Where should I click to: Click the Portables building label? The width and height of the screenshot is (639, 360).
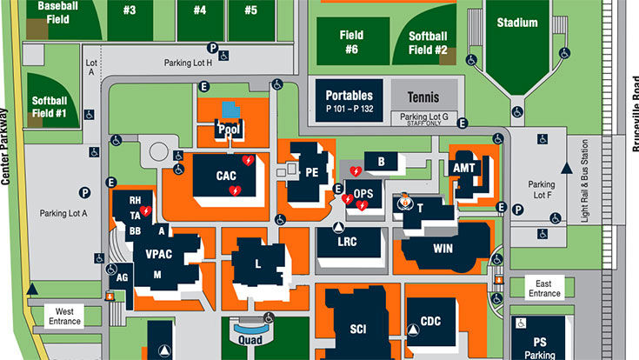tap(349, 96)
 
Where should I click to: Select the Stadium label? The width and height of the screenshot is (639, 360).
tap(516, 23)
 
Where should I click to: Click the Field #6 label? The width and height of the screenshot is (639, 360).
tap(349, 43)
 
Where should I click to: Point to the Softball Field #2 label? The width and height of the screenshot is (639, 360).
tap(429, 43)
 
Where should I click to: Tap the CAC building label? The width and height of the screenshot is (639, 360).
tap(226, 176)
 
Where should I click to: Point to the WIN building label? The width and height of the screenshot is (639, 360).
tap(443, 248)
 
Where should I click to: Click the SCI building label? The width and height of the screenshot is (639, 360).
tap(358, 330)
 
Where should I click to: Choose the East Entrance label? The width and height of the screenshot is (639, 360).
tap(544, 289)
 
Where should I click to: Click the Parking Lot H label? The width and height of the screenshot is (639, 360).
tap(188, 63)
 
